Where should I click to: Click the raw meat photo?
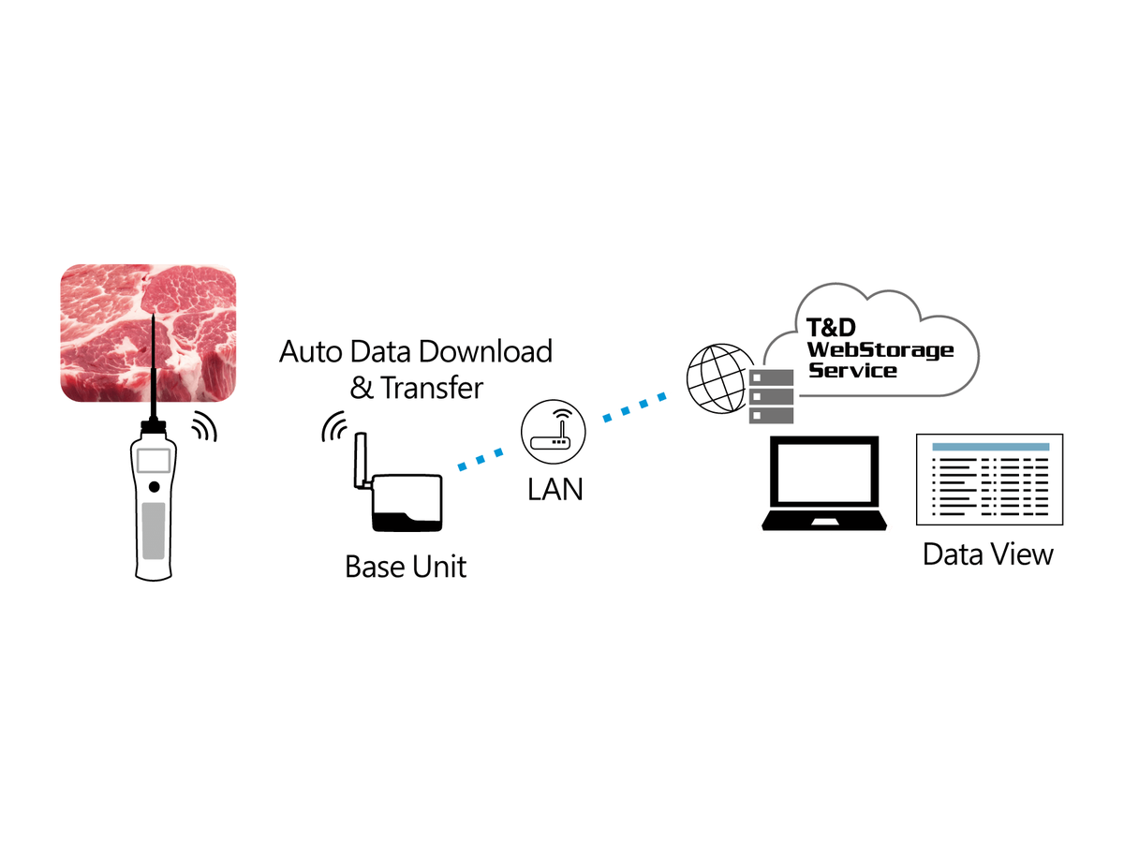pyautogui.click(x=148, y=332)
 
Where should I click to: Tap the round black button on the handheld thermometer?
pyautogui.click(x=154, y=487)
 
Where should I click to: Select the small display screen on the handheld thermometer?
pyautogui.click(x=154, y=460)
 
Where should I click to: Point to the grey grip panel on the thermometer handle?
pyautogui.click(x=154, y=531)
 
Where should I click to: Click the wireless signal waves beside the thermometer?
pyautogui.click(x=206, y=426)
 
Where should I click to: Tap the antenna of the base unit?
pyautogui.click(x=361, y=461)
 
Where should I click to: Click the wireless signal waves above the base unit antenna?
pyautogui.click(x=333, y=426)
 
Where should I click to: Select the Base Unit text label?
pyautogui.click(x=406, y=567)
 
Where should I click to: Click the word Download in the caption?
pyautogui.click(x=485, y=351)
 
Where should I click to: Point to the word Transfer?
pyautogui.click(x=431, y=388)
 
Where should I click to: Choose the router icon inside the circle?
pyautogui.click(x=553, y=432)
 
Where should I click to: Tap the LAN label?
pyautogui.click(x=555, y=489)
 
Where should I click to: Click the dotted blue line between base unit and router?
pyautogui.click(x=481, y=459)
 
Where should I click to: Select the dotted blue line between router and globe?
pyautogui.click(x=634, y=406)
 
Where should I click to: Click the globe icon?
pyautogui.click(x=719, y=378)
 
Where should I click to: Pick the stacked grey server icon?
pyautogui.click(x=771, y=397)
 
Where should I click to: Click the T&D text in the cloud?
pyautogui.click(x=831, y=328)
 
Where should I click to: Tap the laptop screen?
pyautogui.click(x=824, y=472)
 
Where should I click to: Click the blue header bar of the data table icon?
pyautogui.click(x=990, y=447)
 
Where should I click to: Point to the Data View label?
pyautogui.click(x=988, y=554)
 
